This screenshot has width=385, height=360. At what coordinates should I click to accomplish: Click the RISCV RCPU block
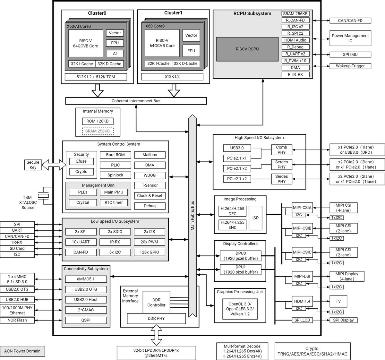247,49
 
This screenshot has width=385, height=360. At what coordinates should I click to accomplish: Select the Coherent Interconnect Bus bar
136,101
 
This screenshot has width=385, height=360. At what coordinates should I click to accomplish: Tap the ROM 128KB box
98,121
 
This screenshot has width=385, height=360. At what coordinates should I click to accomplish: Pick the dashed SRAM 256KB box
98,131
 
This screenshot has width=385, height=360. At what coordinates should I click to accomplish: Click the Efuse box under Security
81,161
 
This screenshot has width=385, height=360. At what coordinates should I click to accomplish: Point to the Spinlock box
116,175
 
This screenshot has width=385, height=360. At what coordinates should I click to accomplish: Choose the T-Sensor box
150,185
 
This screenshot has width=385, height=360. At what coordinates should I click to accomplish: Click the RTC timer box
114,202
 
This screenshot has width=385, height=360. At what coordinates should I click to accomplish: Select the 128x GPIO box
150,252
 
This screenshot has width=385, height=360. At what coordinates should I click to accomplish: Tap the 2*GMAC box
86,310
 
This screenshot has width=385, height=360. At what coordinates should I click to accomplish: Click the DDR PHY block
156,319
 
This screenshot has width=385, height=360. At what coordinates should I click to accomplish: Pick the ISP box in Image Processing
255,218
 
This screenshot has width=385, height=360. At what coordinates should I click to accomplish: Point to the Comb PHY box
281,150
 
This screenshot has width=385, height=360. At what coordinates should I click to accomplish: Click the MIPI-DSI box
302,276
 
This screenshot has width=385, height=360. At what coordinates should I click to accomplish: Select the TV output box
338,301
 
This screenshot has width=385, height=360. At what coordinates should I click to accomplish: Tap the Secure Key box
33,165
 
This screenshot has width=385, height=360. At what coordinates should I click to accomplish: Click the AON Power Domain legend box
22,351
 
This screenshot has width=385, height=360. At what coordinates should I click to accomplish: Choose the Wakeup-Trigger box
350,66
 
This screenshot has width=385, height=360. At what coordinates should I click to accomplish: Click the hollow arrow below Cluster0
98,90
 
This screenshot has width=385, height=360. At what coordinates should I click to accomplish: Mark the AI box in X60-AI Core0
115,54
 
